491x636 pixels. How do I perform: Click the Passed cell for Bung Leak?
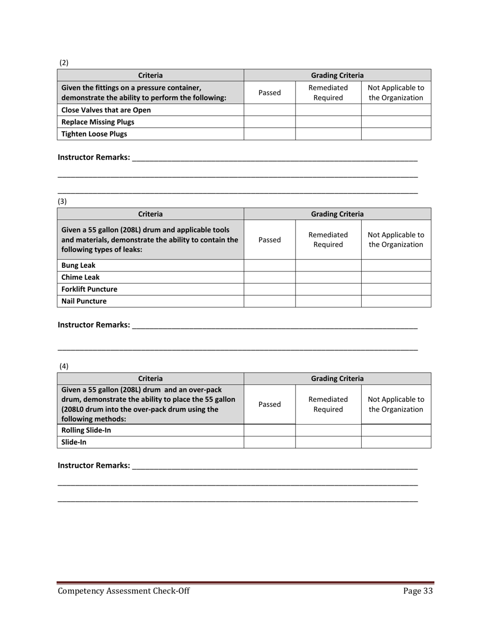[269, 265]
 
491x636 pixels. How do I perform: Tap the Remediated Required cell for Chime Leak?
[328, 277]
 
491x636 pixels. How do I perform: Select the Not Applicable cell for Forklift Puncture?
[396, 289]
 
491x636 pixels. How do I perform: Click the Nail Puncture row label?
[84, 301]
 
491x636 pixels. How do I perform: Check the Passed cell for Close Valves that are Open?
[269, 110]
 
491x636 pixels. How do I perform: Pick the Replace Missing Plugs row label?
[98, 122]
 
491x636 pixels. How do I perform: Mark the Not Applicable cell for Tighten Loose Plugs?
[396, 134]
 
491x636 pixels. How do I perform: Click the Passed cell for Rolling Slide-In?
[269, 430]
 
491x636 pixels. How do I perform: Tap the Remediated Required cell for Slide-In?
[328, 442]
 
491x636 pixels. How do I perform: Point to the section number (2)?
[64, 63]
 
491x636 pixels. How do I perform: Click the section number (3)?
[63, 201]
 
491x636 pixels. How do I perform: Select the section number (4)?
[64, 367]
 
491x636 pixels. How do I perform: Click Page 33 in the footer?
[418, 592]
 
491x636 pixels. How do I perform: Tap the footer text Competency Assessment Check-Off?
[124, 592]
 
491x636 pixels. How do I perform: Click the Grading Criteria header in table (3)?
[337, 214]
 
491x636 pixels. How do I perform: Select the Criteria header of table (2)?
[150, 75]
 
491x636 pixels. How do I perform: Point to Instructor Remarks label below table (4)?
[94, 465]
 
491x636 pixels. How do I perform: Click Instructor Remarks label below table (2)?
[94, 157]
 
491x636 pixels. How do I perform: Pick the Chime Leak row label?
[81, 277]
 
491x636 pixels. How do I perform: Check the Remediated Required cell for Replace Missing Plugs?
[328, 122]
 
